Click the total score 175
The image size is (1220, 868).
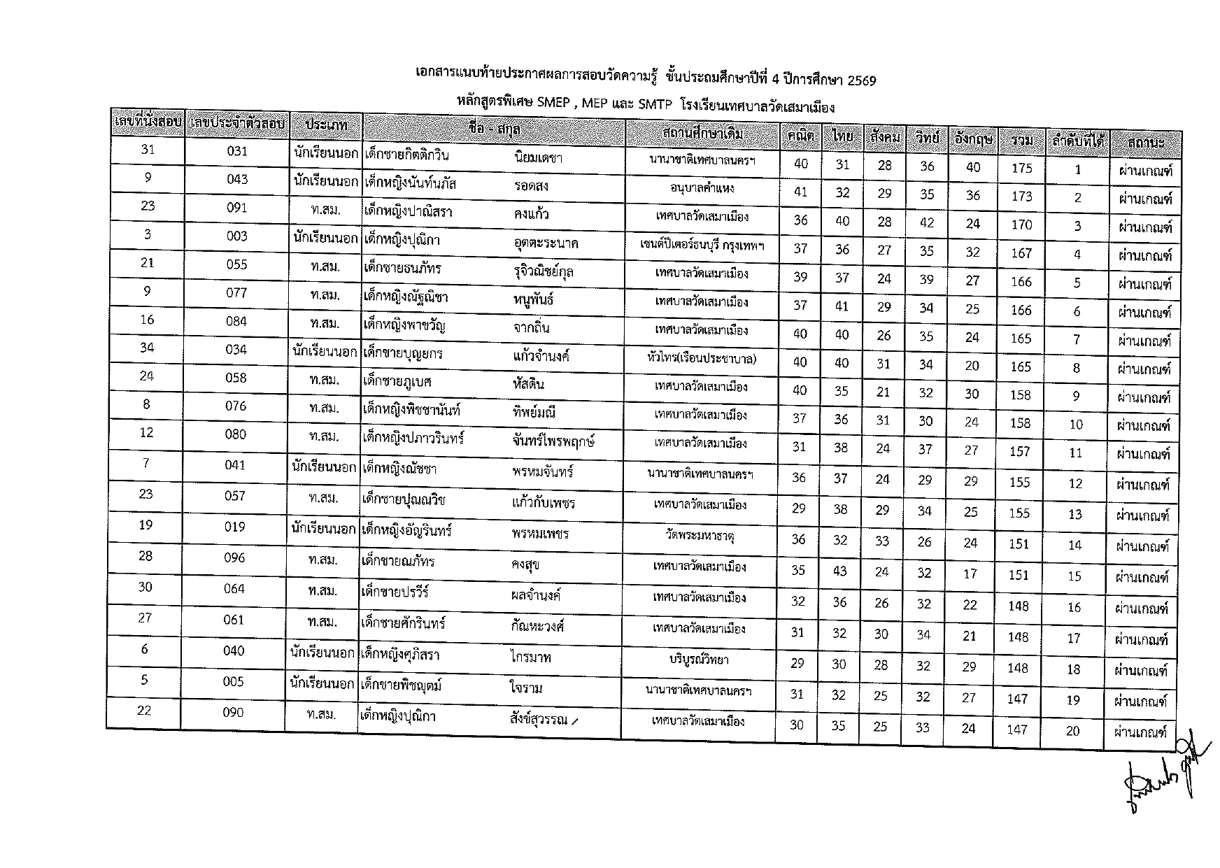click(x=1022, y=168)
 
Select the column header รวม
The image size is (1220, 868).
click(x=1022, y=141)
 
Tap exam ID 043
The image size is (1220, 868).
click(x=237, y=179)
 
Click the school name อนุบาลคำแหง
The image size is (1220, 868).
click(x=702, y=188)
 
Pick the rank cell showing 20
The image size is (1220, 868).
click(x=1073, y=731)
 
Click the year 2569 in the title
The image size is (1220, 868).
click(x=861, y=80)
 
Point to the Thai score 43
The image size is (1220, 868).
click(x=840, y=571)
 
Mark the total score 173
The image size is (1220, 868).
click(x=1022, y=197)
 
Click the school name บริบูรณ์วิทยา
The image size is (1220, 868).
click(x=700, y=659)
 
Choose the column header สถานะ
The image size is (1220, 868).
click(x=1146, y=143)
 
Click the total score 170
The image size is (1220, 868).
click(x=1022, y=225)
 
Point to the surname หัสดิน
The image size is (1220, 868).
click(x=528, y=384)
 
